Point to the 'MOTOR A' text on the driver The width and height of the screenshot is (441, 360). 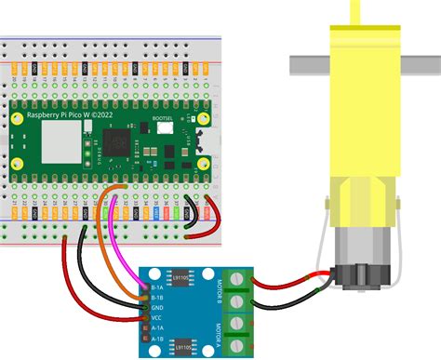217,333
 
